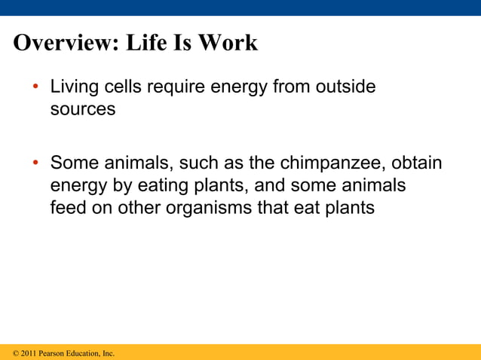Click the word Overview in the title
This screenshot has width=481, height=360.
tap(60, 43)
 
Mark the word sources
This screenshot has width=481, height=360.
tap(83, 109)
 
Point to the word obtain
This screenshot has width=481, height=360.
tap(418, 163)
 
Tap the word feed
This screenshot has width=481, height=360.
tap(68, 207)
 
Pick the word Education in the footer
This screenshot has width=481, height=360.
tap(84, 352)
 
